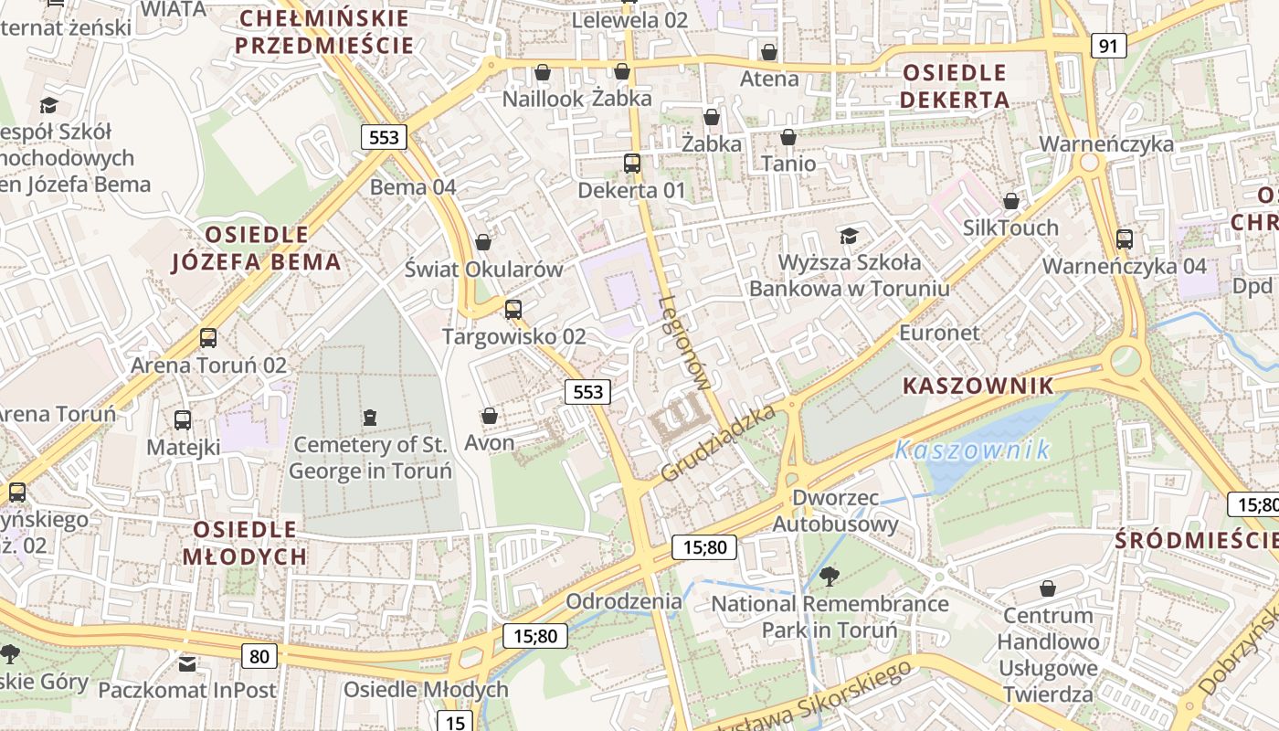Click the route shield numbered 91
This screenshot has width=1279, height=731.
pyautogui.click(x=1107, y=46)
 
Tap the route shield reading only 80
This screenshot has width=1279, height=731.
pyautogui.click(x=259, y=655)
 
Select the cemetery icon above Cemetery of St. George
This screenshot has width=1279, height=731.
pyautogui.click(x=369, y=418)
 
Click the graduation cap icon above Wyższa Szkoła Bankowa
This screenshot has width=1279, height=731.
pyautogui.click(x=849, y=236)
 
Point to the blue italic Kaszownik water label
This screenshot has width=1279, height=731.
pyautogui.click(x=972, y=450)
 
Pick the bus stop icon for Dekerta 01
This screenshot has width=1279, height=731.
pyautogui.click(x=631, y=164)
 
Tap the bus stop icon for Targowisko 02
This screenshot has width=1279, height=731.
pyautogui.click(x=513, y=309)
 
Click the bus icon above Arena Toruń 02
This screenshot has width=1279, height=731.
pyautogui.click(x=208, y=338)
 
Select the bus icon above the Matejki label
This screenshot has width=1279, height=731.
pyautogui.click(x=183, y=420)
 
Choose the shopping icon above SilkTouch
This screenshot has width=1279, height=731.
pyautogui.click(x=1010, y=201)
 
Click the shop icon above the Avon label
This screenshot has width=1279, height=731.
pyautogui.click(x=490, y=416)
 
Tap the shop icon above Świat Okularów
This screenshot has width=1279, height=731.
pyautogui.click(x=483, y=242)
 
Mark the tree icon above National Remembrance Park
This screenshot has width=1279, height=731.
pyautogui.click(x=829, y=576)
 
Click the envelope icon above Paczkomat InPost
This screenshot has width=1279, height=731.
pyautogui.click(x=187, y=663)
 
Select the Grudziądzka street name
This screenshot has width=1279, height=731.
pyautogui.click(x=718, y=444)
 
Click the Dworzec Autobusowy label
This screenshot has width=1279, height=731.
pyautogui.click(x=835, y=511)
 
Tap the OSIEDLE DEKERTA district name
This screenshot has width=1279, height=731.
pyautogui.click(x=955, y=86)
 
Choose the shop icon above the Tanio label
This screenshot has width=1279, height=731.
pyautogui.click(x=788, y=137)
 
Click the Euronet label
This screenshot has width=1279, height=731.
pyautogui.click(x=939, y=333)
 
